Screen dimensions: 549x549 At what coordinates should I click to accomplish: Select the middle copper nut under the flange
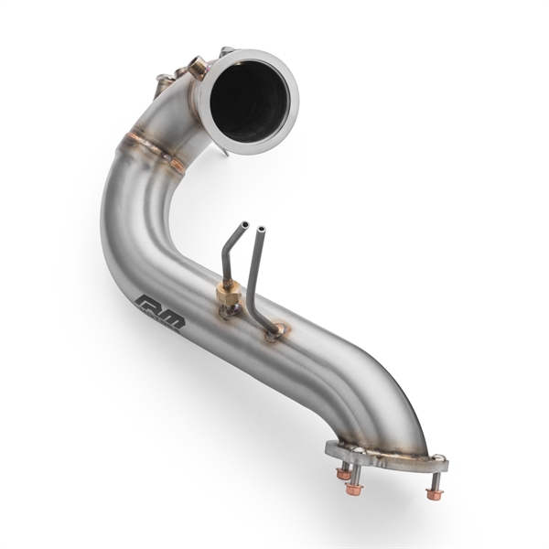[x=354, y=489]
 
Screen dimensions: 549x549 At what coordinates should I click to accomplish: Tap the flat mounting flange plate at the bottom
[x=384, y=456]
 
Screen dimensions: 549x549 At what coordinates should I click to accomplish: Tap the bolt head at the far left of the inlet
[x=164, y=80]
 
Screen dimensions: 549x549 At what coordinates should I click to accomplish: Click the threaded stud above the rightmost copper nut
[x=434, y=479]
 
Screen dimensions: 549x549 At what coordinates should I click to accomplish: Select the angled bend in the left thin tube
[x=229, y=252]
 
